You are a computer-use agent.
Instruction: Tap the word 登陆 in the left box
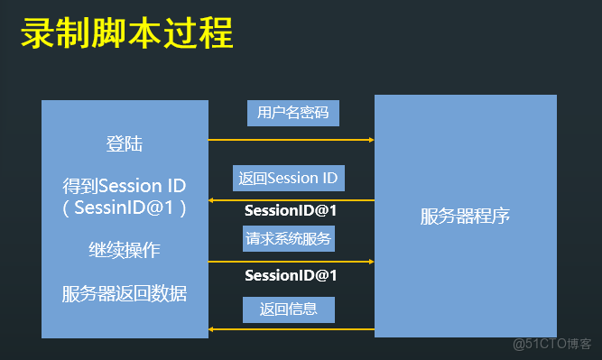[x=125, y=144]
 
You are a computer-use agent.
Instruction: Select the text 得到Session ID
[x=125, y=186]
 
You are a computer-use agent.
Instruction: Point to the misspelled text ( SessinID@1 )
[x=125, y=208]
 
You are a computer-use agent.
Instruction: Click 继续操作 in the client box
[x=125, y=249]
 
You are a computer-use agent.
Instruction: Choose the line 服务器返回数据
[x=125, y=293]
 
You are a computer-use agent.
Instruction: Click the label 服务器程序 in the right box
[x=465, y=217]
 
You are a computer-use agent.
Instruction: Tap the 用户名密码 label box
[x=292, y=113]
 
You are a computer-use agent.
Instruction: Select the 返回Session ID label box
[x=288, y=178]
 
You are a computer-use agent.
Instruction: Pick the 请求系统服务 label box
[x=289, y=239]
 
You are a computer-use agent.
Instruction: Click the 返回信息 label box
[x=289, y=309]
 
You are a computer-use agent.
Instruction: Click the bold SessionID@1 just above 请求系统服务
[x=291, y=211]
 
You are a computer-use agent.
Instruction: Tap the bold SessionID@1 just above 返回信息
[x=291, y=275]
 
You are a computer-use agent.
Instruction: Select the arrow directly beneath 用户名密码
[x=291, y=140]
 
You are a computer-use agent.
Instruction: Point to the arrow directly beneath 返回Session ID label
[x=291, y=200]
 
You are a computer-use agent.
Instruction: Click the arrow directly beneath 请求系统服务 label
[x=291, y=263]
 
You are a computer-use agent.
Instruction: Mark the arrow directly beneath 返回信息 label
[x=291, y=330]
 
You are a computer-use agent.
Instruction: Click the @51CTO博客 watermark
[x=551, y=344]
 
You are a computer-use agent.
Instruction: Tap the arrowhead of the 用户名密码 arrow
[x=370, y=140]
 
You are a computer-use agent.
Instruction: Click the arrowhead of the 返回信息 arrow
[x=213, y=330]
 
